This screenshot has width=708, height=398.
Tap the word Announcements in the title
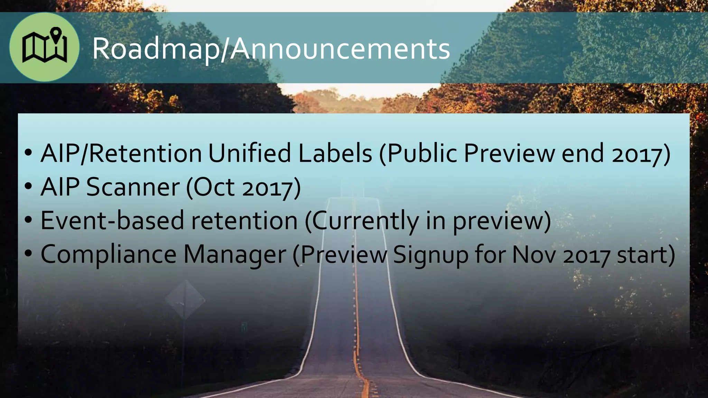(340, 49)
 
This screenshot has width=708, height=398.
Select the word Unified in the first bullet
(249, 153)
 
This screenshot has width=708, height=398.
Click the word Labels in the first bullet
(335, 153)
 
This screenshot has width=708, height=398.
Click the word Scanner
(133, 187)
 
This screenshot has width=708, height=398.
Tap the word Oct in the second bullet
(213, 187)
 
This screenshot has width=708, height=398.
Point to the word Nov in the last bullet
(534, 255)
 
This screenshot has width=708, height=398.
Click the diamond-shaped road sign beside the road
(185, 300)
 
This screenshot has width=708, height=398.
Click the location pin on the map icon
(56, 34)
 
